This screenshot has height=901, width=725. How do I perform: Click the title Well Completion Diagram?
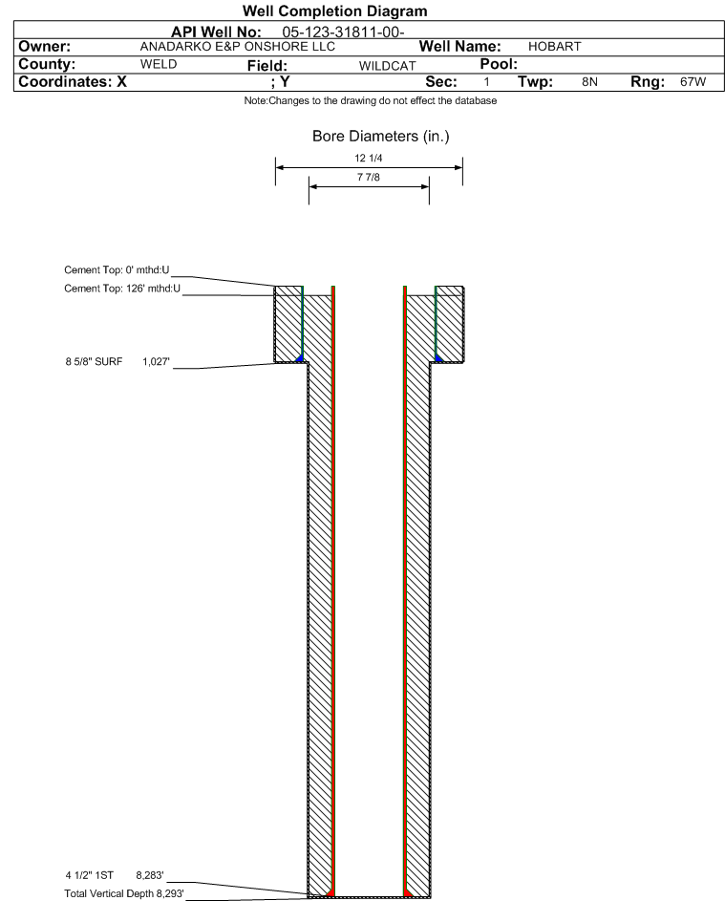click(x=335, y=11)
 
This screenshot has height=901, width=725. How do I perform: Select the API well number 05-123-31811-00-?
click(x=343, y=32)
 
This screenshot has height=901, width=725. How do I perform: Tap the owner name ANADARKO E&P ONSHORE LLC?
click(x=237, y=47)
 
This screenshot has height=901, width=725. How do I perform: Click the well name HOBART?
click(x=554, y=47)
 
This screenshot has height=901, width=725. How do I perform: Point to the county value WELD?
click(x=159, y=64)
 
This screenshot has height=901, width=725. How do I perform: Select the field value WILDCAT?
click(x=387, y=66)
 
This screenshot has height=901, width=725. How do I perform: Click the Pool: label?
click(x=499, y=64)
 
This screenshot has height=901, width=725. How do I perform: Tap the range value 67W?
click(x=693, y=81)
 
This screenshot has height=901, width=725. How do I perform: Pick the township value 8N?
click(x=589, y=81)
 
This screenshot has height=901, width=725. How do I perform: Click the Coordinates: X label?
click(x=73, y=81)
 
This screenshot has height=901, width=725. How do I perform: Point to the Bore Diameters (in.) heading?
click(x=381, y=137)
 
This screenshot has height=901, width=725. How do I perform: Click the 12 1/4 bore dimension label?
click(x=369, y=158)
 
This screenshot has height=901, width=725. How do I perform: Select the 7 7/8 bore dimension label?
click(x=369, y=177)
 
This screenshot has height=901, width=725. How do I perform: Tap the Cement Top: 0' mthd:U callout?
click(x=117, y=270)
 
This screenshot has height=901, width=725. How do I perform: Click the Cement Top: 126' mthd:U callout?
click(x=122, y=289)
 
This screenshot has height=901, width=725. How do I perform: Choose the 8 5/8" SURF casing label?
click(x=94, y=361)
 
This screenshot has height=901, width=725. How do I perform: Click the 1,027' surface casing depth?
click(x=157, y=361)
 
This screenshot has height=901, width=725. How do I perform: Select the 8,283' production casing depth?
click(x=150, y=875)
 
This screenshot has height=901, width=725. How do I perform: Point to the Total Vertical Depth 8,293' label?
click(x=124, y=893)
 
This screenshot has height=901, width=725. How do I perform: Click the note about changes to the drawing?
click(x=371, y=100)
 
